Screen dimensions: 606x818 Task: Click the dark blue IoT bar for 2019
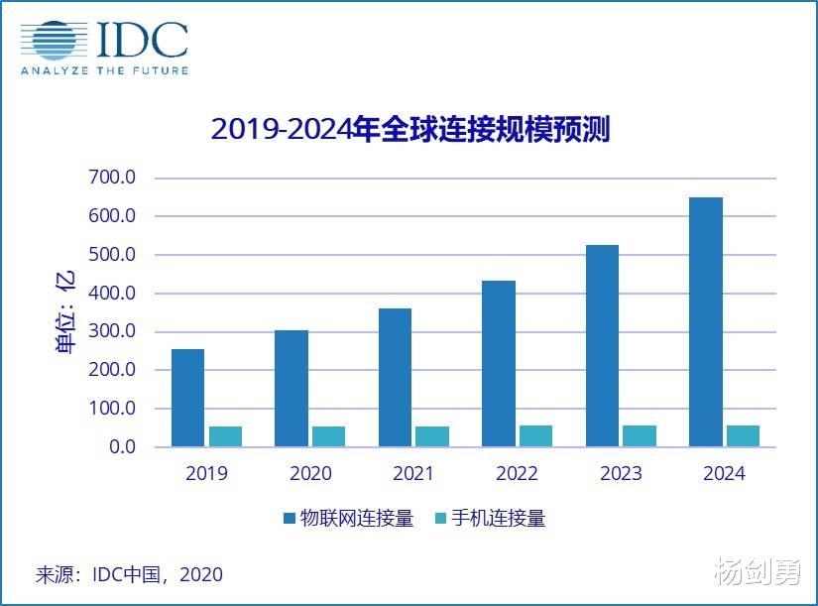pos(187,398)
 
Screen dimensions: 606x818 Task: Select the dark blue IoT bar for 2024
pos(706,322)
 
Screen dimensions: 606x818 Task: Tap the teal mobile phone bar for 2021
pos(432,436)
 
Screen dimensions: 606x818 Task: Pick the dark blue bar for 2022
pos(499,364)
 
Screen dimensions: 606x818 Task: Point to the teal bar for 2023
pos(640,435)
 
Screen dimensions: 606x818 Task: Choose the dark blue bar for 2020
pos(292,389)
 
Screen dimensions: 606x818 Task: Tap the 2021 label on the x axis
pos(413,473)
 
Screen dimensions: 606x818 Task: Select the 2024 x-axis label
pos(724,473)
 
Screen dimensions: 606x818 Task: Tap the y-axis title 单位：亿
pos(65,313)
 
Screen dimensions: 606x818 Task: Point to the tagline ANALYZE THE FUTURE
pos(105,70)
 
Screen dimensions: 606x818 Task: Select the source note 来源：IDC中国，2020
pos(129,574)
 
